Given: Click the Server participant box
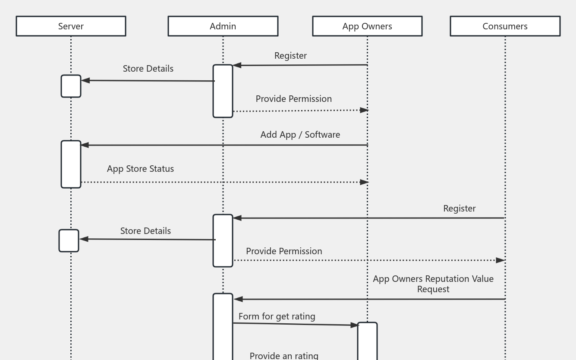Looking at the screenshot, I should tap(71, 26).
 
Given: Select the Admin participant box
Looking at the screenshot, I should tap(223, 26).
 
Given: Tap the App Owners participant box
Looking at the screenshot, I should tap(367, 26).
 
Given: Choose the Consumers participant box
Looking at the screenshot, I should tap(505, 26).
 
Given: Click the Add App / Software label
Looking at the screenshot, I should tap(300, 135).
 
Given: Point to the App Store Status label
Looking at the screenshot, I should tap(140, 169).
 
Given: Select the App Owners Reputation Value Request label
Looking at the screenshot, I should tap(433, 284).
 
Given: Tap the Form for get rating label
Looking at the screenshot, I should tap(277, 316).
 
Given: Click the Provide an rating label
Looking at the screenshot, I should tap(284, 356).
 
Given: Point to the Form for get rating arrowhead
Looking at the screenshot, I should tap(354, 325).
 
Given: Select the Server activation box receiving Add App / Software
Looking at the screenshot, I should tap(71, 164).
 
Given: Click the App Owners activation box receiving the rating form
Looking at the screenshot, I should tap(367, 341).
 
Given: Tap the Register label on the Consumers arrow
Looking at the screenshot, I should tap(459, 208).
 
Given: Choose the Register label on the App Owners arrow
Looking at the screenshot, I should tap(290, 56).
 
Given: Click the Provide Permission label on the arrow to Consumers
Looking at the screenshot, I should tap(284, 251).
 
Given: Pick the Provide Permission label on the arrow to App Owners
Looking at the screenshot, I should tap(293, 99).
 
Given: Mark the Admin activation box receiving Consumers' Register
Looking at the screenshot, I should tap(223, 240).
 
